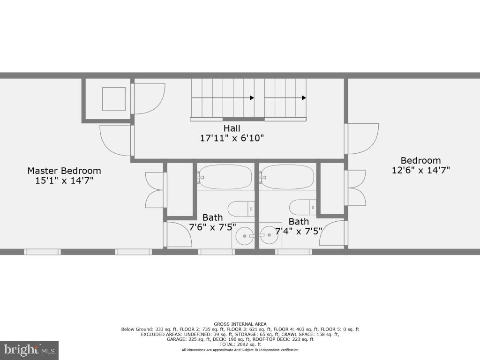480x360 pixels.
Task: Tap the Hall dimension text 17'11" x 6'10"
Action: click(x=232, y=138)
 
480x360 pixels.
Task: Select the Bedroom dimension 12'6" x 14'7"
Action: click(x=420, y=170)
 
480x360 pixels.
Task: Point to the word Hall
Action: click(x=232, y=128)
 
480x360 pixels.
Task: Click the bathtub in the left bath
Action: click(x=225, y=177)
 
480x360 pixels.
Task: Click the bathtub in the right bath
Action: click(x=288, y=177)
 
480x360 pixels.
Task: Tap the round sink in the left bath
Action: click(x=243, y=235)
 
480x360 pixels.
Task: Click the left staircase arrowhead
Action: click(x=252, y=98)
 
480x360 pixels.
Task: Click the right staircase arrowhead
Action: click(x=304, y=98)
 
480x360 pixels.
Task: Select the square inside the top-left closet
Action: click(x=113, y=99)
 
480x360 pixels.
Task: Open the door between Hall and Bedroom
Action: click(x=362, y=138)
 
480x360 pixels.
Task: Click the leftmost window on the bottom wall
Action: click(x=42, y=252)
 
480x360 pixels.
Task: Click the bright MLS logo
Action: click(x=29, y=350)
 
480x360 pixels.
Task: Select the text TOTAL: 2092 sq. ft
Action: click(x=240, y=345)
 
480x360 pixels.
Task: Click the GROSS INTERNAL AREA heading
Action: click(x=240, y=324)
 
